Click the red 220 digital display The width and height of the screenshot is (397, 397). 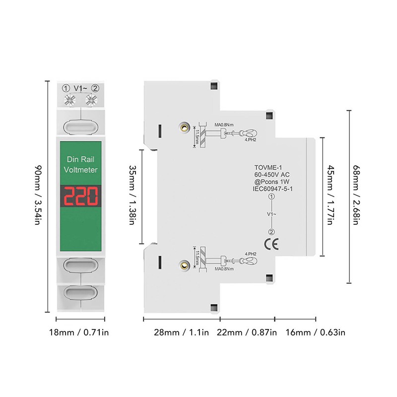click(x=80, y=197)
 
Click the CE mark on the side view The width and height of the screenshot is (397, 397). click(x=271, y=244)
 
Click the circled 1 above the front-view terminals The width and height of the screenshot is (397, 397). click(x=66, y=88)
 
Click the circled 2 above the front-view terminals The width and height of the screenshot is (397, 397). click(x=95, y=88)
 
